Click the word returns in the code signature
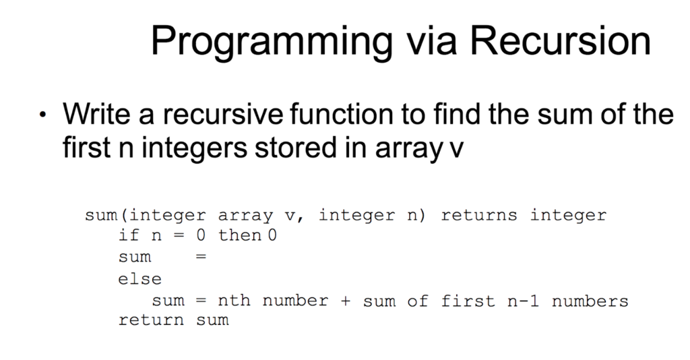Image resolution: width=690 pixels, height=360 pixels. pos(478,215)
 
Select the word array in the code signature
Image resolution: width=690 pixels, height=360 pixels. pos(245,216)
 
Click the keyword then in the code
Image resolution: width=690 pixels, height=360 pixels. pos(240,236)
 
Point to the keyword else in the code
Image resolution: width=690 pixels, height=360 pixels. pos(140,278)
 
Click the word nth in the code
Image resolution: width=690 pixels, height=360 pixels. pos(234,300)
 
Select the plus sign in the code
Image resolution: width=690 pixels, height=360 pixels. pos(346,301)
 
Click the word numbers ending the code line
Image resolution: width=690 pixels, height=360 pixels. pos(590,300)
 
